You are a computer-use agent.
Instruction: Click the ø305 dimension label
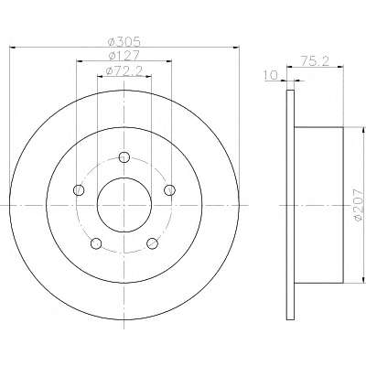coord(124,41)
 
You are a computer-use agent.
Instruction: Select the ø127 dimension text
coord(124,56)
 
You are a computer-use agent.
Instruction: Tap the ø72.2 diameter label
coord(124,71)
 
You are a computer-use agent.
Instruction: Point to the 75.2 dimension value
coord(316,61)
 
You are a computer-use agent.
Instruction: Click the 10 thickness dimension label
coord(271,75)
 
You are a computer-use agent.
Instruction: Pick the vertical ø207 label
coord(358,204)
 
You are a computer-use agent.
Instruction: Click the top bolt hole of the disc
coord(124,157)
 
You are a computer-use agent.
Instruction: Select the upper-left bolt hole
coord(79,190)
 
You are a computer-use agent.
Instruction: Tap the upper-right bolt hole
coord(169,190)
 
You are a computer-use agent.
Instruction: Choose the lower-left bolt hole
coord(96,243)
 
